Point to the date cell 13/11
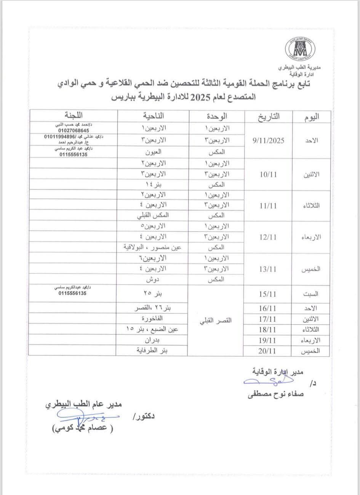click(x=268, y=269)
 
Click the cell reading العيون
click(x=153, y=152)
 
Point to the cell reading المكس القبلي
click(x=153, y=216)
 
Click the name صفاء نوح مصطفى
click(x=276, y=395)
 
